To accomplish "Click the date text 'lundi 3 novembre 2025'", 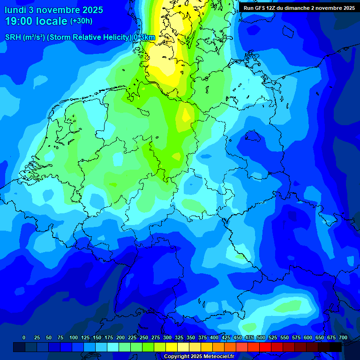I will (x=54, y=10).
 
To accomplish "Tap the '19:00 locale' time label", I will (x=36, y=21).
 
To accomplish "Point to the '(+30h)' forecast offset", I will (x=81, y=21).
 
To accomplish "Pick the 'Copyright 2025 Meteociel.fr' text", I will (x=199, y=357).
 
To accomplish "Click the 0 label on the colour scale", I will (x=24, y=337).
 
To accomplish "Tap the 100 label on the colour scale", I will (x=74, y=337).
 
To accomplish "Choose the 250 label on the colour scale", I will (x=144, y=337).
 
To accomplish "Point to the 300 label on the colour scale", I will (x=167, y=337).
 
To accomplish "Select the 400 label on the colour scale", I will (x=214, y=337).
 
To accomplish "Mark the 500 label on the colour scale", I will (x=261, y=337).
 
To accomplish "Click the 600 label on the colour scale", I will (x=308, y=337).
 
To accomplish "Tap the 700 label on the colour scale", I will (x=343, y=337).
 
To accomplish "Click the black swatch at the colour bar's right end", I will (x=336, y=347).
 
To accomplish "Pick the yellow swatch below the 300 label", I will (x=172, y=347).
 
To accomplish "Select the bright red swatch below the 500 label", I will (x=254, y=347).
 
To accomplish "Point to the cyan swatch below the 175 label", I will (x=113, y=347).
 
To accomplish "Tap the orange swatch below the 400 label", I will (x=218, y=347).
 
